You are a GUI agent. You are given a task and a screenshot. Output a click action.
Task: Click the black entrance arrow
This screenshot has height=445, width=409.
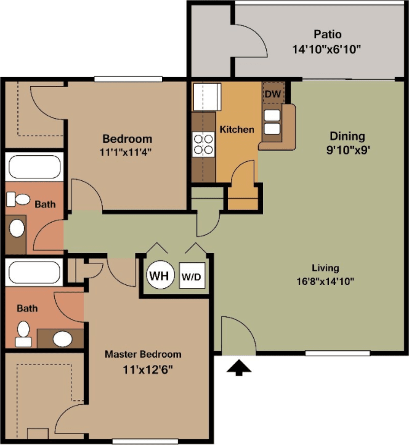pos(240,367)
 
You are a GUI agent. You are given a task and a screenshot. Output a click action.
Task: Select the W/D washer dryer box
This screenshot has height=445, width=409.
pos(191,277)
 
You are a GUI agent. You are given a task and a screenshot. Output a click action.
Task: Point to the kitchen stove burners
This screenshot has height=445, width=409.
pos(203,143)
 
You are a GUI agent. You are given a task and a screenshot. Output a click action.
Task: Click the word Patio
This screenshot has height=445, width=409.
pos(327,34)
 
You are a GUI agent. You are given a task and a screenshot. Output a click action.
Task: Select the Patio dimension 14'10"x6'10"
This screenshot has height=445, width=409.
pos(327,48)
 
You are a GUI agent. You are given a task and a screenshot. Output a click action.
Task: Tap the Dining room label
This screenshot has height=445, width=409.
pos(347,137)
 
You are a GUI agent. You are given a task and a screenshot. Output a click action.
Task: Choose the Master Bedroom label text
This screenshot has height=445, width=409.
pos(143,354)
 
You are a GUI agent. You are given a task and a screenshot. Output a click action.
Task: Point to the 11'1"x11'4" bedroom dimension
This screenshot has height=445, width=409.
pos(127,151)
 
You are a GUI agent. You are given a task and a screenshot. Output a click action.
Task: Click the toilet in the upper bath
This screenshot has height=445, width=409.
pos(18,199)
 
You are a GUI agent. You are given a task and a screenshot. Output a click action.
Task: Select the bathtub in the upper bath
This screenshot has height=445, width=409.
pos(34,166)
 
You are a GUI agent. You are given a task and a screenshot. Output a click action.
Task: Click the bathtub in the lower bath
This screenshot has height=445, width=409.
pos(34,271)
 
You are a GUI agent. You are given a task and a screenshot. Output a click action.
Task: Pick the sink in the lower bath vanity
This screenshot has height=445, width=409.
pos(61,339)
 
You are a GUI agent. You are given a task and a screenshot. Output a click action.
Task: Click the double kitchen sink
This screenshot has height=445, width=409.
pos(271,122)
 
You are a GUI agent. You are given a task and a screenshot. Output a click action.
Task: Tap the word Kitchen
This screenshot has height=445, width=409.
pos(237,130)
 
